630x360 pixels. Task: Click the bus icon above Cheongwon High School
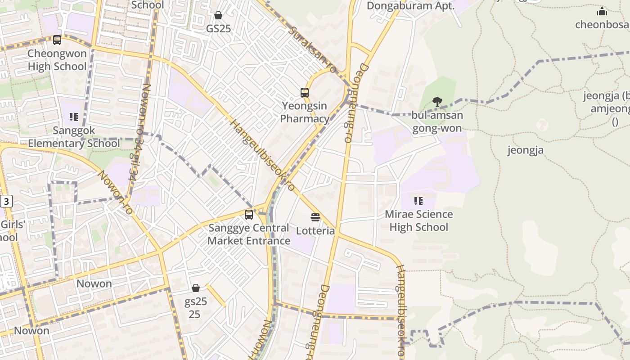[57, 40]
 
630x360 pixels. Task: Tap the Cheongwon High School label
[57, 60]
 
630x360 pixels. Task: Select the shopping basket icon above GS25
[218, 15]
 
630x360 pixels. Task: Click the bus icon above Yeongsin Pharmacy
[305, 93]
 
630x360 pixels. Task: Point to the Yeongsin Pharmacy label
[305, 112]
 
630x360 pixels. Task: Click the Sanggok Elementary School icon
[74, 117]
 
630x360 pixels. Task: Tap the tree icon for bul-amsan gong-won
[436, 102]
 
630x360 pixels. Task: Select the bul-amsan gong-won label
[437, 121]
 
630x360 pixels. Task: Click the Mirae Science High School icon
[418, 201]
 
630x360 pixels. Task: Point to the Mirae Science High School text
[418, 220]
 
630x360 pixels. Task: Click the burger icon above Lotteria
[315, 217]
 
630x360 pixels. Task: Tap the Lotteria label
[315, 231]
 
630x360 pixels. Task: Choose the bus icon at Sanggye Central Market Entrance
[249, 215]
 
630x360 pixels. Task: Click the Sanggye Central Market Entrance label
[249, 234]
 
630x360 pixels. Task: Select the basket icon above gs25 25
[196, 288]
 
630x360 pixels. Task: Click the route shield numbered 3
[5, 201]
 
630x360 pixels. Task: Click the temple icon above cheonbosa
[602, 12]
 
